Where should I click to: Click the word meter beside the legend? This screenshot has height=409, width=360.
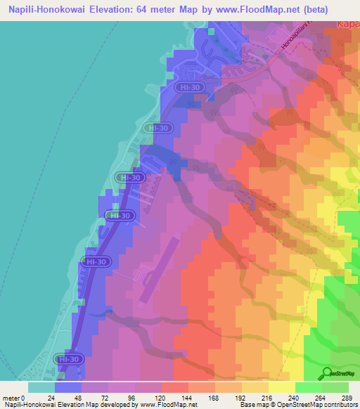11,397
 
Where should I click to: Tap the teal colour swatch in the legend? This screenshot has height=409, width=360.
41,387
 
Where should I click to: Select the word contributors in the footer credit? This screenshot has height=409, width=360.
340,405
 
